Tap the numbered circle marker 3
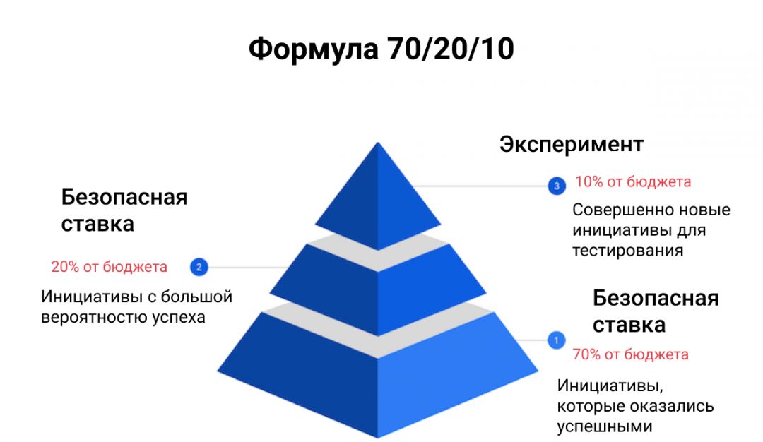pyautogui.click(x=557, y=186)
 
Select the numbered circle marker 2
pyautogui.click(x=199, y=267)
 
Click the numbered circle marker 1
pyautogui.click(x=556, y=340)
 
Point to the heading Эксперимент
pyautogui.click(x=572, y=145)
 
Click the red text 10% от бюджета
pyautogui.click(x=633, y=182)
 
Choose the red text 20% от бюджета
pyautogui.click(x=109, y=267)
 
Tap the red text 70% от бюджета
pyautogui.click(x=630, y=354)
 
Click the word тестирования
pyautogui.click(x=627, y=251)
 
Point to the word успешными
pyautogui.click(x=604, y=427)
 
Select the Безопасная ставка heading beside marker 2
pyautogui.click(x=124, y=210)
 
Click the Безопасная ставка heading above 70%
pyautogui.click(x=656, y=311)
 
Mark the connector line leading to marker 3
pyautogui.click(x=480, y=186)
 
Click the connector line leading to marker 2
pyautogui.click(x=247, y=267)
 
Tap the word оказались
pyautogui.click(x=676, y=407)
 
